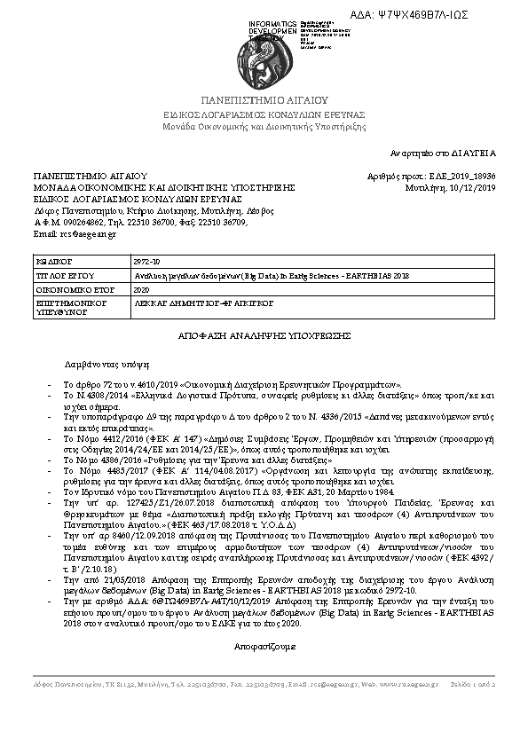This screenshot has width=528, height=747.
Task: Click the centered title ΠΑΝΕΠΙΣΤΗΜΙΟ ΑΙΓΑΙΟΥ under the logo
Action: click(264, 101)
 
